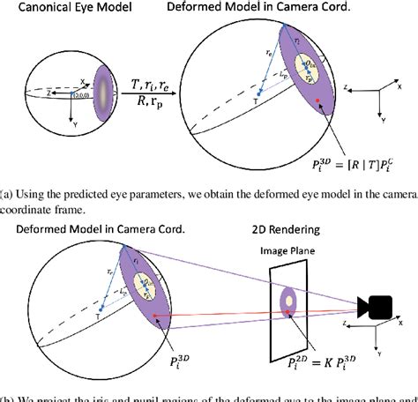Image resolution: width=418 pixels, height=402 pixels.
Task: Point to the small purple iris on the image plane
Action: pos(287,302)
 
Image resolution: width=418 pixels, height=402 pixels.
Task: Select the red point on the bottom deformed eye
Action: pos(155,314)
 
